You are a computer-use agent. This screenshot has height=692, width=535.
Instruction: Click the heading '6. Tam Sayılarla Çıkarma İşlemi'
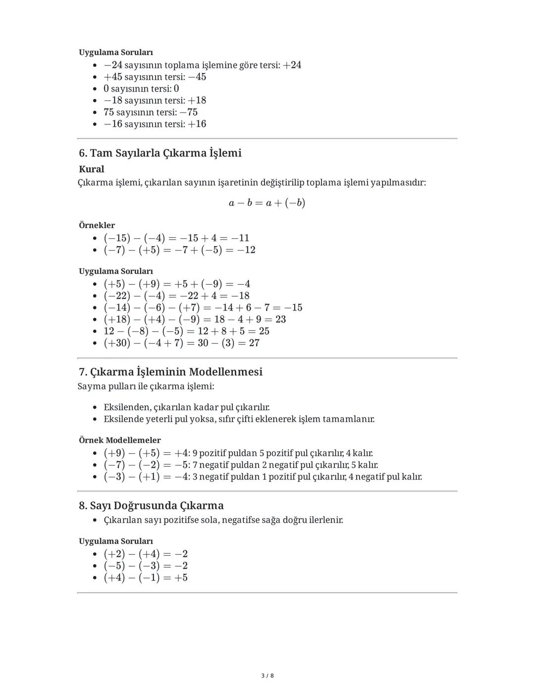pos(160,153)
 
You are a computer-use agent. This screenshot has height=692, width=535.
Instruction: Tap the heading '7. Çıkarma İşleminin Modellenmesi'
pos(170,372)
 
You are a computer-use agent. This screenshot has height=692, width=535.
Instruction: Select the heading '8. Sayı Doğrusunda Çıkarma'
pos(151,506)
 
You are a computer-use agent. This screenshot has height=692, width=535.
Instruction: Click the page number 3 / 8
pos(267,676)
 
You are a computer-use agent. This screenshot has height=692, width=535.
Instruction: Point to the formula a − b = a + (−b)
pos(267,203)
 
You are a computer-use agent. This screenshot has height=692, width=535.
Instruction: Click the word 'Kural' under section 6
pos(92,169)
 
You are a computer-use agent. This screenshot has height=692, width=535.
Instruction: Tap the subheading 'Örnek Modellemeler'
pos(120,440)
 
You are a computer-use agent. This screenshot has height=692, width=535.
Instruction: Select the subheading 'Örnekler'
pos(97,225)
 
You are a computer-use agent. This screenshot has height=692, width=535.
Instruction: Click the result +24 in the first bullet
pos(292,65)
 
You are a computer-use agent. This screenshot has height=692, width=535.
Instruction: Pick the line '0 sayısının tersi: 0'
pos(141,89)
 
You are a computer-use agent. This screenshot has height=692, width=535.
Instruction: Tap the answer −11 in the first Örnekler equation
pos(240,238)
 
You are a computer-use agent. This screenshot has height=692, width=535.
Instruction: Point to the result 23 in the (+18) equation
pos(280,319)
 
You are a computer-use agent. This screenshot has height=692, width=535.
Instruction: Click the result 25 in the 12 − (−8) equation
pos(264,331)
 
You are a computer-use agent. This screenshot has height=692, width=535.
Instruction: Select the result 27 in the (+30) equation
pos(254,343)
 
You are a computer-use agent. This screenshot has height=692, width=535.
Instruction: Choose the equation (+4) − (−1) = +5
pos(146,578)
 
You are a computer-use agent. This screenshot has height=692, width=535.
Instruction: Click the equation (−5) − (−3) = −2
pos(146,566)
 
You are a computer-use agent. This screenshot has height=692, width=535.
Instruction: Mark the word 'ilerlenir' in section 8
pos(325,520)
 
